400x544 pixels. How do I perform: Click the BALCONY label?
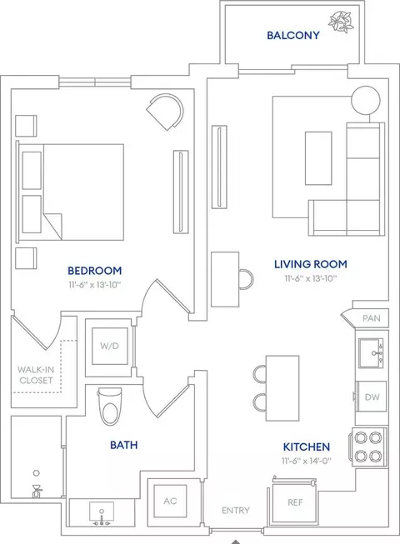coord(293,35)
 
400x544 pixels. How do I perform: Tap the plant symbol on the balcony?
coord(341,22)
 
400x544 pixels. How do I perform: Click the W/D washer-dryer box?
coord(110,346)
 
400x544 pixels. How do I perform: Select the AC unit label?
coord(170,501)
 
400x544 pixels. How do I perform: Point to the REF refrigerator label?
coord(295,502)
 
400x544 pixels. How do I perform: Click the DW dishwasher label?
coord(372,397)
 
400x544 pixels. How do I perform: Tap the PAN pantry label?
coord(371,318)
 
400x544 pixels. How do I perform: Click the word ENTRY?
coord(236,511)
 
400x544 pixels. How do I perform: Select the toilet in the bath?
coord(110,407)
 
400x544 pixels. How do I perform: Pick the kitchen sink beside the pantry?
coord(371,353)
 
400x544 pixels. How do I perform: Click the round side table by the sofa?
coord(366,100)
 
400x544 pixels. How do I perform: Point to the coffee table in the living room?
coord(318,158)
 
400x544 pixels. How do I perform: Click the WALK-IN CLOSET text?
coord(36,375)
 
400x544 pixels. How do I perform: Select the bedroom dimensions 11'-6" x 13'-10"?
coord(95,285)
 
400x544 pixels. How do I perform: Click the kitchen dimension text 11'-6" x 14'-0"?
coord(307,461)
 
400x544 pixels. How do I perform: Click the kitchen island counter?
coord(282,388)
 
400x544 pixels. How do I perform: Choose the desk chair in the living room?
coord(246,279)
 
